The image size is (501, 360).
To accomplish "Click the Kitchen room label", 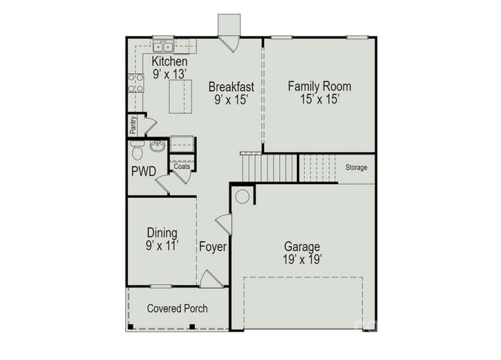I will click(x=169, y=61).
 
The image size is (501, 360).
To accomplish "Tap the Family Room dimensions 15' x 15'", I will click(x=319, y=99).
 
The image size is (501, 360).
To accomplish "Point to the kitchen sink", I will click(x=164, y=46).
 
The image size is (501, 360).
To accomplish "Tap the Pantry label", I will click(x=133, y=125).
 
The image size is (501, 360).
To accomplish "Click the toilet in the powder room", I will click(x=137, y=151).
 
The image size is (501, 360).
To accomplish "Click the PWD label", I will click(x=143, y=170).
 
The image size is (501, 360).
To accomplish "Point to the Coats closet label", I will click(x=182, y=167).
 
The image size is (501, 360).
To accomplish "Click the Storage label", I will click(x=356, y=168).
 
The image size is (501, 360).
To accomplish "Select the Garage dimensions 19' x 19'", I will click(x=302, y=259).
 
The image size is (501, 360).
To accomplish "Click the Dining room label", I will click(x=162, y=233).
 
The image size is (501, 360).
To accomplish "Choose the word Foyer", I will click(x=213, y=247).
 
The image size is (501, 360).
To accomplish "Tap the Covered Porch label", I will click(x=177, y=309).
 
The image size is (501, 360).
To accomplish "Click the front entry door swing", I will click(x=209, y=278).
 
